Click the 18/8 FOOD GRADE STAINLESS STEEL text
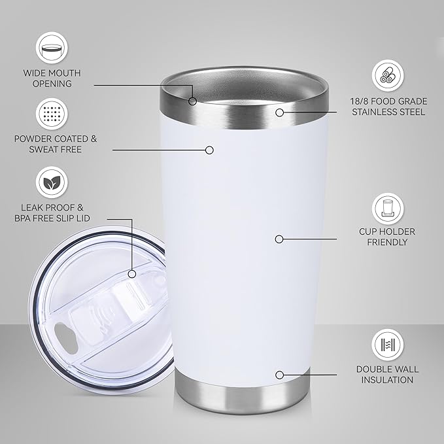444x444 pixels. [388, 106]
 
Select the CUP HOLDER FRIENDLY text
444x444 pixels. [388, 237]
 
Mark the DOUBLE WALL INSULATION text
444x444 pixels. [388, 374]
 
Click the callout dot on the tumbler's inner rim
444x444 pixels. [193, 101]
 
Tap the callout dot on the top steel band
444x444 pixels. [279, 112]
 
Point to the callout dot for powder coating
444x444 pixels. [209, 150]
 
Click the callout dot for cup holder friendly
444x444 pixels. [279, 239]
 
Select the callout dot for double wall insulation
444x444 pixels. [279, 375]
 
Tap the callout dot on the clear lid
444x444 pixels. [132, 273]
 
